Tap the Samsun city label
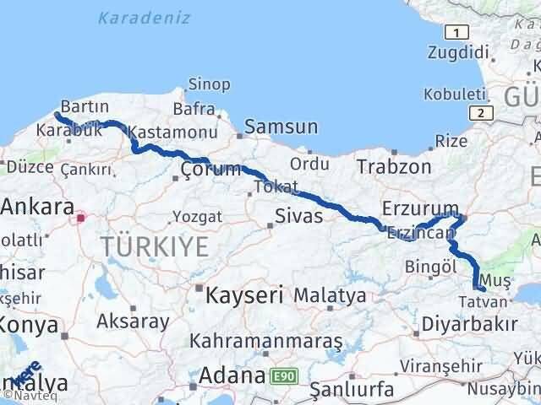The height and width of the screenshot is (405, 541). pyautogui.click(x=281, y=127)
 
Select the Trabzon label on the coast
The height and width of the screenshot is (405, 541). pyautogui.click(x=393, y=166)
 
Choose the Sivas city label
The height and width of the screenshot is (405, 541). pyautogui.click(x=296, y=216)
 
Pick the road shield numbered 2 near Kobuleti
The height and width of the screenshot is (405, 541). pyautogui.click(x=480, y=112)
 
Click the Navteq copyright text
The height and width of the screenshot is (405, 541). pyautogui.click(x=24, y=396)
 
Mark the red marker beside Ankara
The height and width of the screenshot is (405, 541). pyautogui.click(x=80, y=218)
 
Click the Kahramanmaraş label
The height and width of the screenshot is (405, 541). pyautogui.click(x=265, y=342)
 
